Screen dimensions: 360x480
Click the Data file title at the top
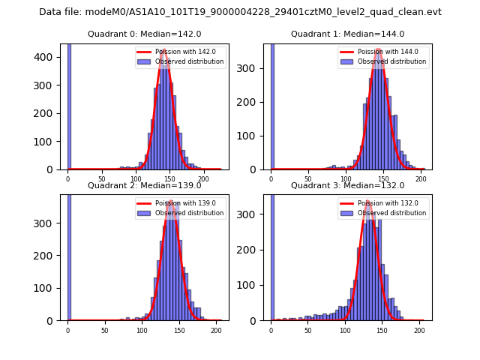(240, 12)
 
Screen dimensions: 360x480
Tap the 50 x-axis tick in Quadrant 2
(104, 330)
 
